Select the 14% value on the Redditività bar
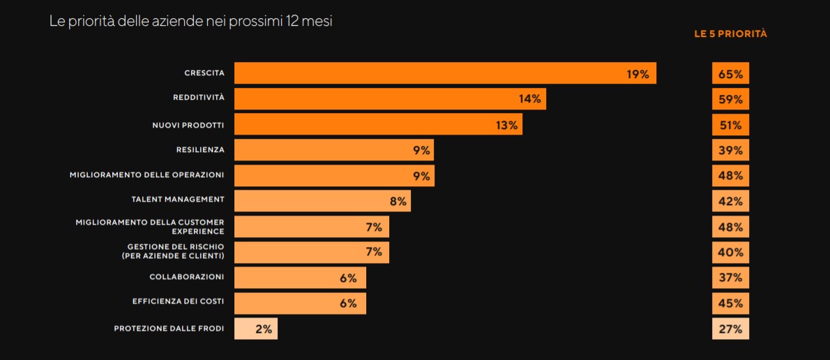pos(529,99)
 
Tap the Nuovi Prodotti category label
pos(188,125)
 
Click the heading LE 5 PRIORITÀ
pos(730,33)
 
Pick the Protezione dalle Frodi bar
pos(255,329)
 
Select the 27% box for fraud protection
pos(730,329)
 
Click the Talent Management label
pos(178,200)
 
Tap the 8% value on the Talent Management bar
pos(398,201)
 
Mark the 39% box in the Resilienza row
pos(730,150)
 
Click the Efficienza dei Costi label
pos(178,301)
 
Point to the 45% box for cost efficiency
pos(730,303)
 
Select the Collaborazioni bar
pos(300,278)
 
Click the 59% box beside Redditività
pos(730,99)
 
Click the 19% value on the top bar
pos(637,74)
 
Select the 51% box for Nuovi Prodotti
pos(730,125)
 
